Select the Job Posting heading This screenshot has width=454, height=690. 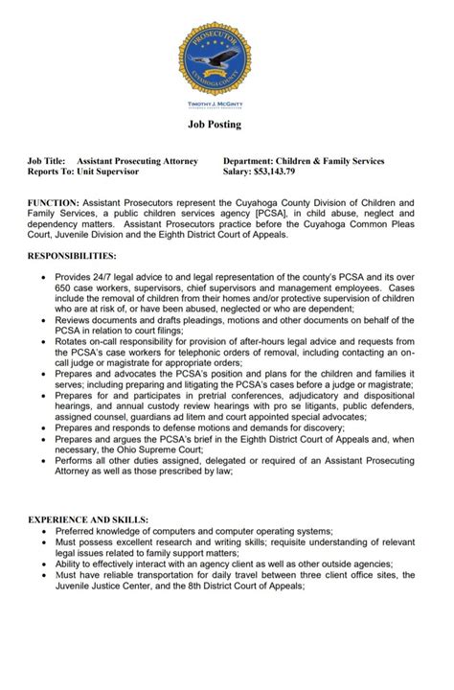point(227,125)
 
